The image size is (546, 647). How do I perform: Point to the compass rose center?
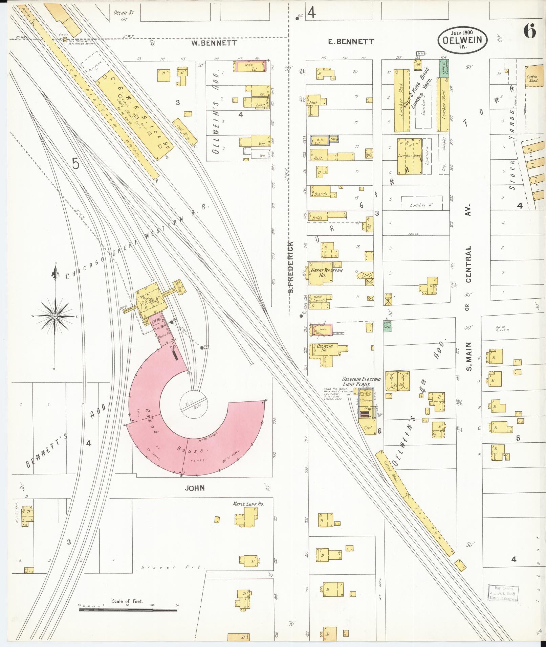pos(54,316)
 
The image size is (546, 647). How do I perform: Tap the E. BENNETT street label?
pos(351,42)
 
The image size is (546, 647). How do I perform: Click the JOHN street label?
pos(195,488)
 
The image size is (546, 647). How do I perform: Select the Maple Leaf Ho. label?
pos(248,504)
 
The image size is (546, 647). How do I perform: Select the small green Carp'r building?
pos(387,326)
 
